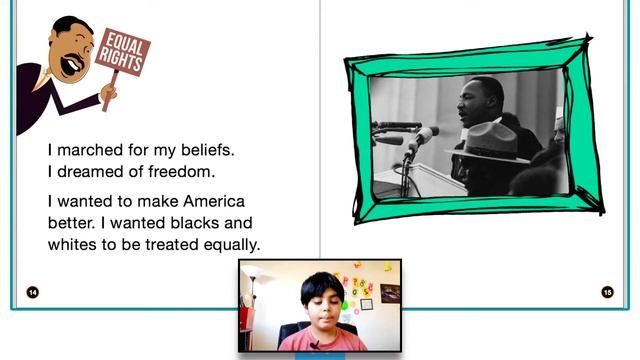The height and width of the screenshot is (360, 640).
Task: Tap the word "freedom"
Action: [179, 172]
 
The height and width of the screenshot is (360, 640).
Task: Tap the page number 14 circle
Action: [32, 292]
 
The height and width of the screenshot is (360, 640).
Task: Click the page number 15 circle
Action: [607, 292]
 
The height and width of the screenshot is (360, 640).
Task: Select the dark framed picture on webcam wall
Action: [389, 293]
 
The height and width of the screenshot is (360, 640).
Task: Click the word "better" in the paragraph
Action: [72, 222]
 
